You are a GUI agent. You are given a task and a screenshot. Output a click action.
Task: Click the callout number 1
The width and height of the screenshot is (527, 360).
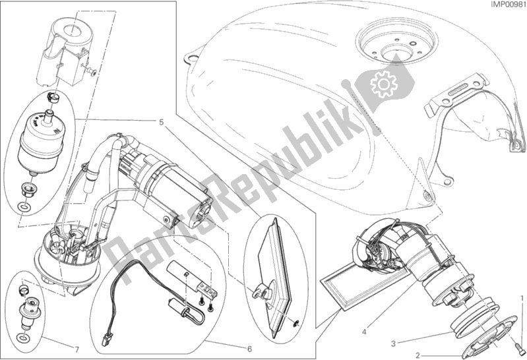[522, 297]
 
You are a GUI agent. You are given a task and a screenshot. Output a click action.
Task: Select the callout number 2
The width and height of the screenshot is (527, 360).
[418, 355]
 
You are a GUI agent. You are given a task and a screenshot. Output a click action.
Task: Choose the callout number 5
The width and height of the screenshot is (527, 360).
[162, 122]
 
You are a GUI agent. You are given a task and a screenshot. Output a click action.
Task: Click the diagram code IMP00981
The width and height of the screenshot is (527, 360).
[508, 4]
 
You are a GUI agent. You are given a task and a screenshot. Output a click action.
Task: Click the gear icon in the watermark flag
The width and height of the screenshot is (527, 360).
[383, 84]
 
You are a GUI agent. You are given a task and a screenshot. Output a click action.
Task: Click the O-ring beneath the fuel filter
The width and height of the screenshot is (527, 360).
[22, 206]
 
